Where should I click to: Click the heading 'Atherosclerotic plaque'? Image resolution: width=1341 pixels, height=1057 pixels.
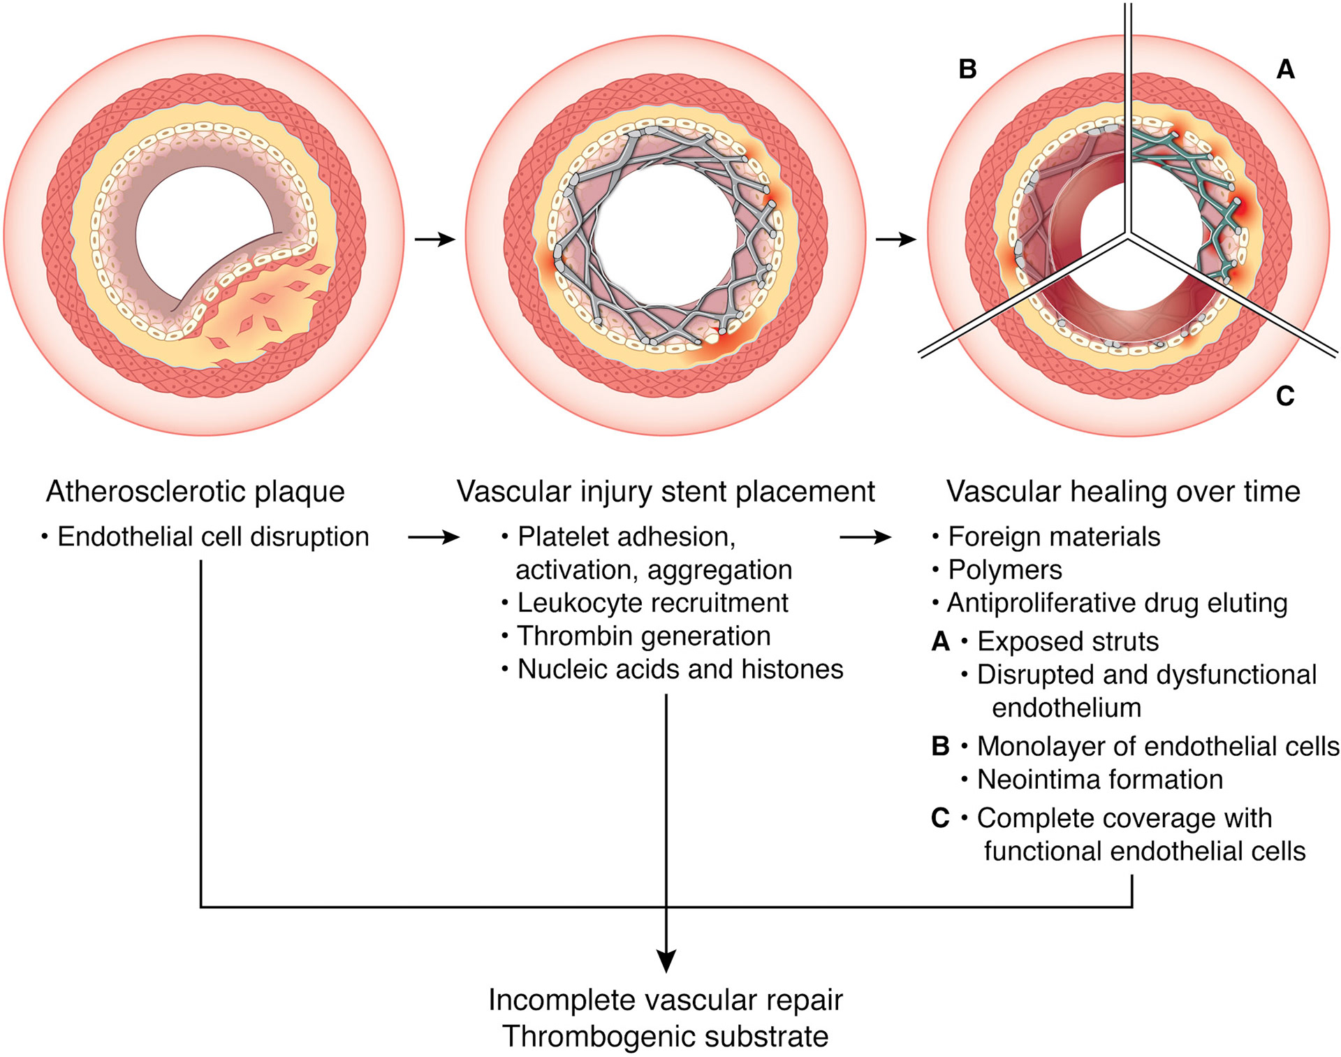click(x=196, y=492)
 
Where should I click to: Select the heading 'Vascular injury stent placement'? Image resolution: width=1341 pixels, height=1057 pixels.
click(x=666, y=492)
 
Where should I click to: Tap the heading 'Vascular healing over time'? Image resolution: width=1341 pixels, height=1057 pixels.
click(x=1123, y=492)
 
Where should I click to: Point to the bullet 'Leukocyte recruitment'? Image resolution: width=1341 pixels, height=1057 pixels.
click(x=652, y=603)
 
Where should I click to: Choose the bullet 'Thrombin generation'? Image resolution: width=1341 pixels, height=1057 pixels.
click(x=643, y=636)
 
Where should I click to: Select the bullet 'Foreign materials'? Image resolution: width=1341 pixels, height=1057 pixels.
click(x=1054, y=537)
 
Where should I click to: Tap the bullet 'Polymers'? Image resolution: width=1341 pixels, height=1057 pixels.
click(x=1005, y=570)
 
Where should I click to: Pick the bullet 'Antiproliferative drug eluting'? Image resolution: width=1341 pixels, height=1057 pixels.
click(x=1117, y=603)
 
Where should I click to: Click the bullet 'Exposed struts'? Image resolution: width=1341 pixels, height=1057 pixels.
click(x=1068, y=641)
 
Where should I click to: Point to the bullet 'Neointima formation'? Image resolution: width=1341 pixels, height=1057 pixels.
click(x=1100, y=780)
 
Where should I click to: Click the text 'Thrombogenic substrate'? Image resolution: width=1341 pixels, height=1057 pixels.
click(x=666, y=1037)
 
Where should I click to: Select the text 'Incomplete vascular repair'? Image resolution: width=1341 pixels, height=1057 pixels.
click(x=666, y=1000)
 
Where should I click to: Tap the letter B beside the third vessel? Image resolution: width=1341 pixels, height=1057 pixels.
click(x=967, y=69)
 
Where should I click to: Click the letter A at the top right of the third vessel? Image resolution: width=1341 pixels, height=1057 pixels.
click(x=1286, y=69)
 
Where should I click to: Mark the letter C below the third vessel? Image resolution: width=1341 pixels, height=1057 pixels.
click(x=1285, y=396)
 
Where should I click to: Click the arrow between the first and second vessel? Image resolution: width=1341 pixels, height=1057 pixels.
click(x=435, y=240)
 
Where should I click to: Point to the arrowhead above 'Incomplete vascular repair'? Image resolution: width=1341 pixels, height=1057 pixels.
click(x=666, y=961)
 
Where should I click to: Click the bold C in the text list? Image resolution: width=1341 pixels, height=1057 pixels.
click(x=940, y=818)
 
